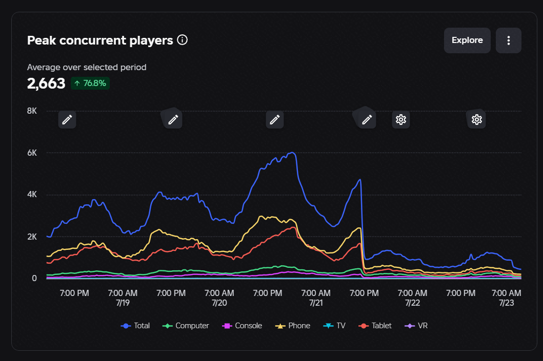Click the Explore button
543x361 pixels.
pyautogui.click(x=467, y=40)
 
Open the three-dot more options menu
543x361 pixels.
pyautogui.click(x=508, y=40)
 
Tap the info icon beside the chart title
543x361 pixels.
pyautogui.click(x=182, y=40)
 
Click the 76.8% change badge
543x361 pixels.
pyautogui.click(x=90, y=83)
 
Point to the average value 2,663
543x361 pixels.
pyautogui.click(x=46, y=83)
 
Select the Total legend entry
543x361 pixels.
pyautogui.click(x=135, y=326)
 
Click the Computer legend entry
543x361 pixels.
pyautogui.click(x=186, y=326)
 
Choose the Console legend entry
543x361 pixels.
pyautogui.click(x=242, y=326)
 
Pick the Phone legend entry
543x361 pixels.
pyautogui.click(x=293, y=326)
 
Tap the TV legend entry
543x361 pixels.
pyautogui.click(x=334, y=326)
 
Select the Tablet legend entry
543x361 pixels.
pyautogui.click(x=375, y=326)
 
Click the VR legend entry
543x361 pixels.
pyautogui.click(x=416, y=326)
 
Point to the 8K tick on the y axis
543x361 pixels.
pyautogui.click(x=32, y=111)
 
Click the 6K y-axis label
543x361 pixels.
pyautogui.click(x=32, y=153)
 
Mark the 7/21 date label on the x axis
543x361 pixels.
pyautogui.click(x=316, y=303)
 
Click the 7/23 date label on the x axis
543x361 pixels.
pyautogui.click(x=507, y=303)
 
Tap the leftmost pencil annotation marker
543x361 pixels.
pyautogui.click(x=67, y=120)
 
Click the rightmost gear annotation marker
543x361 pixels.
pyautogui.click(x=476, y=120)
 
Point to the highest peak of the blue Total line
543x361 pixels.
pyautogui.click(x=293, y=153)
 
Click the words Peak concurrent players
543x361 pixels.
pyautogui.click(x=100, y=40)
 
